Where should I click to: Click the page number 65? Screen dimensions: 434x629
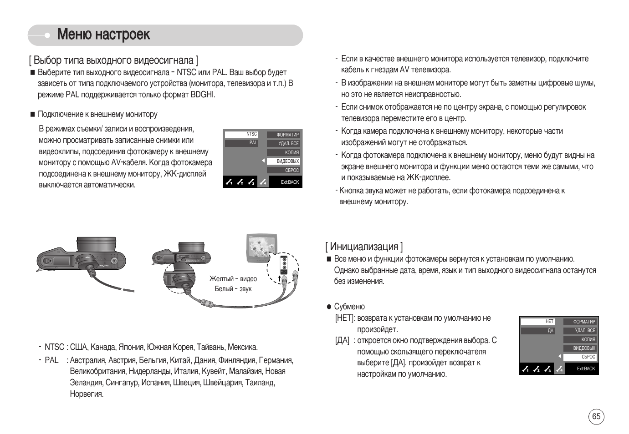click(596, 417)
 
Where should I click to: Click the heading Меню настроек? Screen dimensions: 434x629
click(104, 35)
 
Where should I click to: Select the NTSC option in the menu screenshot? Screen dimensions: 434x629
click(241, 134)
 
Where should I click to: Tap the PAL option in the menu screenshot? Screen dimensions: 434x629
click(241, 143)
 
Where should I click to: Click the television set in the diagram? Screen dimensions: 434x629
click(261, 248)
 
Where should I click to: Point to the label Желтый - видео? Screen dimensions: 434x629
click(233, 279)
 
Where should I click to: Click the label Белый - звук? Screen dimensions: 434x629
click(233, 289)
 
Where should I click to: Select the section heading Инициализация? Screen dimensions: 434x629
click(364, 247)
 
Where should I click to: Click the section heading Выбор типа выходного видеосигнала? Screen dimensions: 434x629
click(113, 60)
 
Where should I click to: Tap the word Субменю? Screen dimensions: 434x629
click(349, 307)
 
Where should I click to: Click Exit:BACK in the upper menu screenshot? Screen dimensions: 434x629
click(290, 182)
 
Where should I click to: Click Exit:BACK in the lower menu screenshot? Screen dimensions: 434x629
click(586, 369)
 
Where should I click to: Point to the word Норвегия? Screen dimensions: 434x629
click(87, 394)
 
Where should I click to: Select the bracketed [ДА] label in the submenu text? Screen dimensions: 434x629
click(343, 340)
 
